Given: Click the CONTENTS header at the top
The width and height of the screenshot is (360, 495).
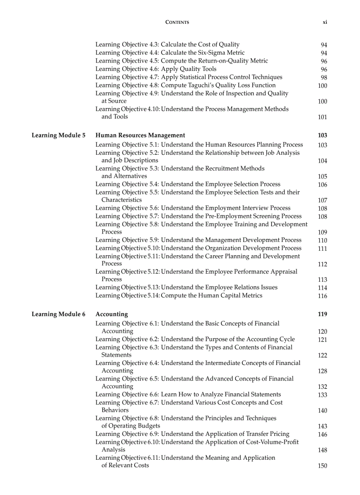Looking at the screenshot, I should tap(177, 22).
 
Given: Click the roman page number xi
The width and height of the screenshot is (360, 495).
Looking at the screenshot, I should tap(325, 22).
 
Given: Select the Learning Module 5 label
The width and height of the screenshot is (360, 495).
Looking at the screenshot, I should tap(59, 135).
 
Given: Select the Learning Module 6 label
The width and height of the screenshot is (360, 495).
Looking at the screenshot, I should tap(59, 314).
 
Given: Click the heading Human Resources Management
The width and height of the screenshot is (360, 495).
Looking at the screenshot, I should tap(140, 135).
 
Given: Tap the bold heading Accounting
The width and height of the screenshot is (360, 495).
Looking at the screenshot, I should tap(112, 314).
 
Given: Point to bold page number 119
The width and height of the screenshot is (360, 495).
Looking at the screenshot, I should tap(322, 314).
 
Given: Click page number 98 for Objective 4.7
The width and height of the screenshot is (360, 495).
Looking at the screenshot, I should tap(324, 78).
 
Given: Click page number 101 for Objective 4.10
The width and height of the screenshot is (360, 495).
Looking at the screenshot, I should tap(322, 117).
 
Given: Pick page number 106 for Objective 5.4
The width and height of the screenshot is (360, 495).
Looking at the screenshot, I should tap(322, 185).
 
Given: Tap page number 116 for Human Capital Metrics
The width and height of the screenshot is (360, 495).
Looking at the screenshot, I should tap(322, 296).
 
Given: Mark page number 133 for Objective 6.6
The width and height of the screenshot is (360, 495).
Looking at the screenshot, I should tap(322, 395).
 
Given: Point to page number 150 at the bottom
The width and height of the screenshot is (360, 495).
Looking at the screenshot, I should tap(322, 466).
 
